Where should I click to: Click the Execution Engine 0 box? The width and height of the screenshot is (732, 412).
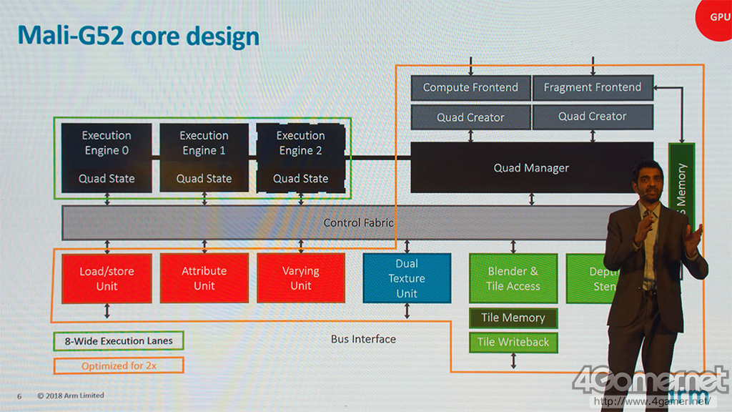tap(107, 157)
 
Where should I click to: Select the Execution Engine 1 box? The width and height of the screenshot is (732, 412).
tap(204, 157)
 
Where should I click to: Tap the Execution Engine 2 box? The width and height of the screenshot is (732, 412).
tap(300, 157)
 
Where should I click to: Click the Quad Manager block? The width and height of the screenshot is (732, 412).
tap(531, 168)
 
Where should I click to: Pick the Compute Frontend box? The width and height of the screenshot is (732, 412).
tap(470, 87)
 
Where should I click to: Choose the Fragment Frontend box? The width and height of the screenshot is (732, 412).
tap(593, 87)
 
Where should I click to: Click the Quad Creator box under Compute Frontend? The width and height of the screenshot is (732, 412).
tap(470, 117)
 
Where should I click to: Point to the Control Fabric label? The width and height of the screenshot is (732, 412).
tap(358, 222)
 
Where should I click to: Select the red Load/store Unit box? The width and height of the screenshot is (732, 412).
tap(107, 278)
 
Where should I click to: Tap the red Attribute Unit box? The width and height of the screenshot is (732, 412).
tap(204, 278)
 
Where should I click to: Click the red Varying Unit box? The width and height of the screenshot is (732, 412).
tap(300, 278)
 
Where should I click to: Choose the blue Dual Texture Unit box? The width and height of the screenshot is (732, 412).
tap(407, 278)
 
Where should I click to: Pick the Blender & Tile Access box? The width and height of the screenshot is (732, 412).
tap(513, 278)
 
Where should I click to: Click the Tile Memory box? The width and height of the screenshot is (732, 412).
tap(513, 318)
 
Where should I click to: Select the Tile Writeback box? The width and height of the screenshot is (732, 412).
tap(513, 342)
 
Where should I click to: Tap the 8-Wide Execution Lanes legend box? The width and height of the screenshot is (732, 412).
tap(119, 340)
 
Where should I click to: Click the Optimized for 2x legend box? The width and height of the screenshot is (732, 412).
tap(119, 366)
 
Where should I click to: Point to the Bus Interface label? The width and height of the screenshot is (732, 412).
tap(363, 339)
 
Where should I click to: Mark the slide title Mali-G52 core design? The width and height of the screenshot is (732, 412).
tap(138, 36)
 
